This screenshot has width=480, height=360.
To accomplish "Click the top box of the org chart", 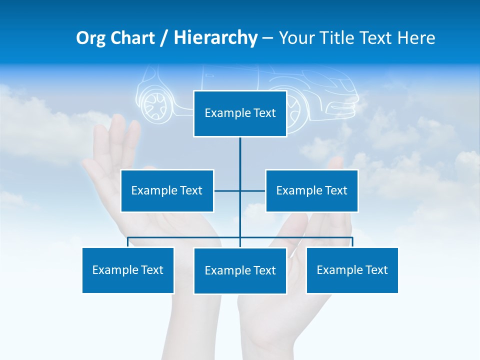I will (240, 113).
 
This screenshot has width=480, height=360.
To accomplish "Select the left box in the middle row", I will (167, 190).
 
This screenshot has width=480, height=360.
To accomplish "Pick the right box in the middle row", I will (311, 190).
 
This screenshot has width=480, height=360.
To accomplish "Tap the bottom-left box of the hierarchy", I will (128, 270).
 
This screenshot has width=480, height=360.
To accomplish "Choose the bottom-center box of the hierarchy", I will (240, 270).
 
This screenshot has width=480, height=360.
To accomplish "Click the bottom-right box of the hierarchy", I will (352, 270).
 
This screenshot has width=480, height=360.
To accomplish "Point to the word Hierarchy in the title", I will (215, 38).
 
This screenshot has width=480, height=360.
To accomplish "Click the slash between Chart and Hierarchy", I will (164, 38).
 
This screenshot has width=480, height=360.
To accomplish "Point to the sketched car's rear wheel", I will (155, 103).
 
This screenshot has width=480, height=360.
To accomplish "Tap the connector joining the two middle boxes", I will (240, 190).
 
